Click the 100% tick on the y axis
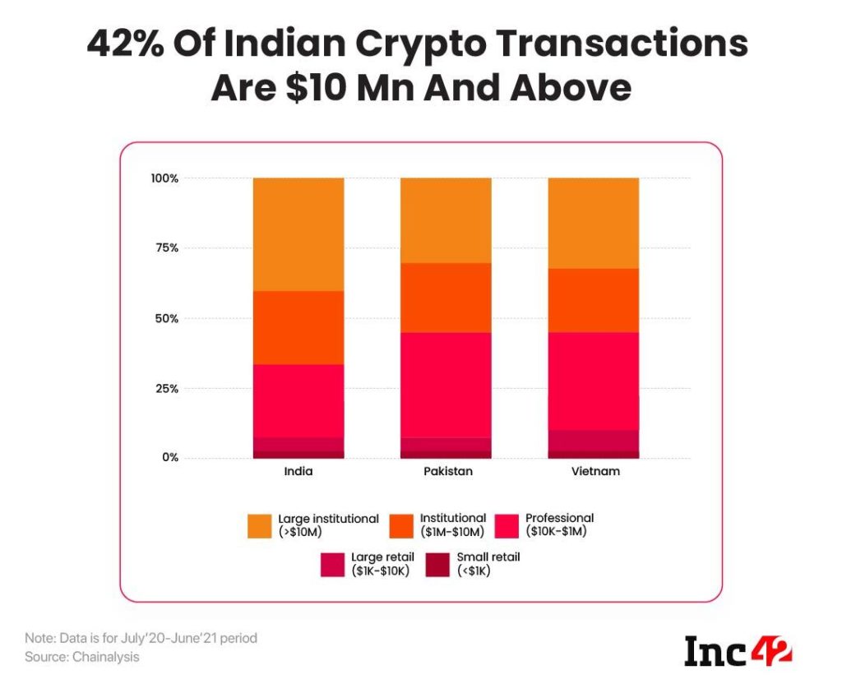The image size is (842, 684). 163,178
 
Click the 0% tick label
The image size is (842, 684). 169,457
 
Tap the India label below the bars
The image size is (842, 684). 298,473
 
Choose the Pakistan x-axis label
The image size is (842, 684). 446,473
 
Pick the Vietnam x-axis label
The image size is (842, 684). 593,473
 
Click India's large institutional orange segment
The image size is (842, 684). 298,234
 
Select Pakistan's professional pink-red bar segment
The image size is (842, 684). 446,385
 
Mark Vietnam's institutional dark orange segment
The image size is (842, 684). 593,300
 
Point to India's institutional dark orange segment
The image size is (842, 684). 298,327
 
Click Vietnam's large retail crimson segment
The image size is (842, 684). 593,440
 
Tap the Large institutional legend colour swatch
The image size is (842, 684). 259,525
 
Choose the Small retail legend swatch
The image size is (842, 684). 439,564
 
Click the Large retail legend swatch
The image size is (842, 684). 333,564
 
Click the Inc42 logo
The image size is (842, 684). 738,651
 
